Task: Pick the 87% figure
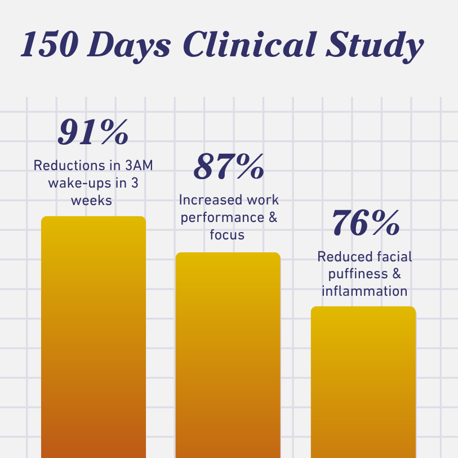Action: [x=229, y=167]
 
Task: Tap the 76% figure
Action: [x=365, y=224]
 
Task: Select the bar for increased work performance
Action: [x=228, y=355]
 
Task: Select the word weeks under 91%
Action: [x=93, y=201]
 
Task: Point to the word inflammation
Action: [x=364, y=291]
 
